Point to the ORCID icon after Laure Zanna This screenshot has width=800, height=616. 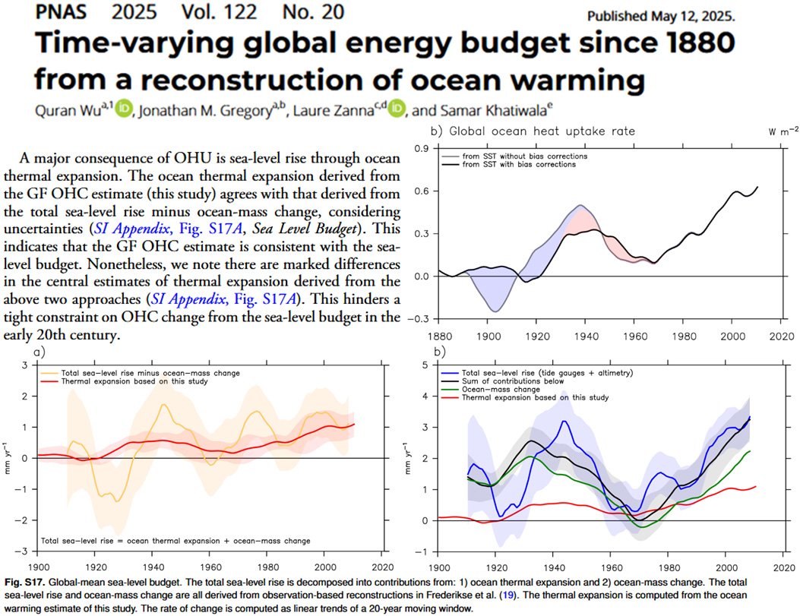tap(397, 110)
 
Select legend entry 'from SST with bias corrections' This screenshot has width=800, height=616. tap(524, 164)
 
